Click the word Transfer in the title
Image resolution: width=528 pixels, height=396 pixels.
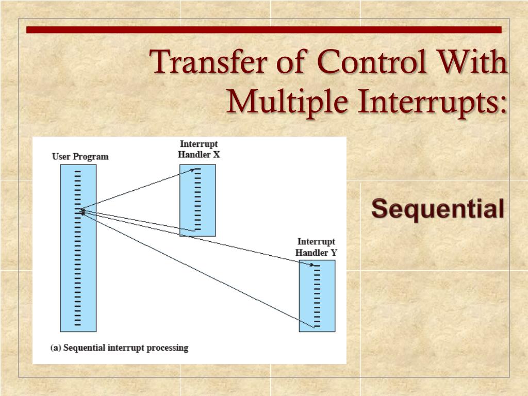point(204,63)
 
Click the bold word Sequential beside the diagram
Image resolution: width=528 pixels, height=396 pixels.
point(438,209)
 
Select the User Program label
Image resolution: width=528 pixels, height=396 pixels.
point(80,157)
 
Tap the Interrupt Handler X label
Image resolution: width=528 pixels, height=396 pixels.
point(199,149)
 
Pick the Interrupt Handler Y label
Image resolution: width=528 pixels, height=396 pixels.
point(316,247)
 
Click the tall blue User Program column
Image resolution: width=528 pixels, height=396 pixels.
point(78,247)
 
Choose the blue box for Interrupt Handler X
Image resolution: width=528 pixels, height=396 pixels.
point(197,200)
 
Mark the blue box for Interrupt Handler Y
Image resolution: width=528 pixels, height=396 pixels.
point(317,295)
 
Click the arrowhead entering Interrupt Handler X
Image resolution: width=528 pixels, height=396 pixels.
point(193,169)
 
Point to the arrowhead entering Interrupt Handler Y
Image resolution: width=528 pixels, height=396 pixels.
point(312,265)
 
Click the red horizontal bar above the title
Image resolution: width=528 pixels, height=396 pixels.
point(263,30)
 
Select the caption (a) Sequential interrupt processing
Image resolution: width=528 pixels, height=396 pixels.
point(119,348)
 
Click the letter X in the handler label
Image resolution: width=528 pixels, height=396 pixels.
point(216,154)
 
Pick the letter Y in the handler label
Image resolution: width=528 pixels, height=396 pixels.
point(334,253)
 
